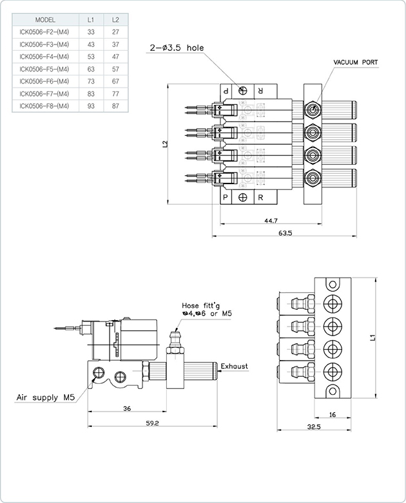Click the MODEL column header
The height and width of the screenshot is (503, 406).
click(x=45, y=20)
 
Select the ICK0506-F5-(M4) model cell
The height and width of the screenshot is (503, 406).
click(x=44, y=69)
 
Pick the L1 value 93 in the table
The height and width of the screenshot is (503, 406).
click(x=91, y=106)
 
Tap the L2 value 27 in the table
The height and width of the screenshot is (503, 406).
click(x=115, y=32)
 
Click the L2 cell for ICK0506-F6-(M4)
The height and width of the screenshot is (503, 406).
click(x=115, y=81)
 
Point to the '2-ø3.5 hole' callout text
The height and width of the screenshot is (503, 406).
click(x=177, y=48)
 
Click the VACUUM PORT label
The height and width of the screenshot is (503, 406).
click(x=356, y=62)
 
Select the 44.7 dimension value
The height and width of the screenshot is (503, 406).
click(x=271, y=221)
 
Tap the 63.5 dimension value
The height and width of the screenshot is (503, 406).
click(x=285, y=233)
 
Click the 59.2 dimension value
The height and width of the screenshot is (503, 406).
click(x=153, y=423)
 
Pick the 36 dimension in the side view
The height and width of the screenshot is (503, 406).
click(x=127, y=408)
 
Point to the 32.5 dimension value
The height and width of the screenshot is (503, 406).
click(x=314, y=426)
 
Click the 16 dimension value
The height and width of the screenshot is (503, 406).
click(x=333, y=415)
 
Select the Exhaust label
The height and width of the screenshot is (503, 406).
click(x=235, y=366)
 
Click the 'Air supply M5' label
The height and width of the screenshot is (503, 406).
click(x=46, y=397)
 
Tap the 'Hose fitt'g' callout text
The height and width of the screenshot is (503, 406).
click(x=201, y=305)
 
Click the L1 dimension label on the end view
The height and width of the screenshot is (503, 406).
click(x=372, y=337)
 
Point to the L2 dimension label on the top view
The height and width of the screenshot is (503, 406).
click(x=165, y=144)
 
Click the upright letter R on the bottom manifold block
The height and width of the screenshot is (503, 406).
click(x=260, y=197)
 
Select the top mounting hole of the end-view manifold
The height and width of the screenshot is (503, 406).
click(x=333, y=284)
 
